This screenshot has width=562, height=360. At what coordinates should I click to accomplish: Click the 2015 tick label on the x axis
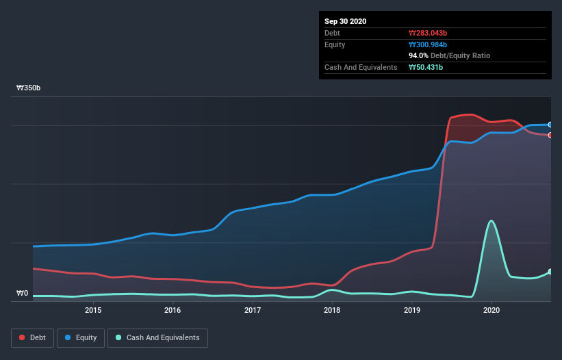(x=93, y=310)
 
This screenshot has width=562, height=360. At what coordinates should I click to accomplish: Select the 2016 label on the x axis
(x=173, y=310)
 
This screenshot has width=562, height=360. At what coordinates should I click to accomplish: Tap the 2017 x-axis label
(x=253, y=310)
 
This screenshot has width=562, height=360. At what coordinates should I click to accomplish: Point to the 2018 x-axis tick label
(x=332, y=310)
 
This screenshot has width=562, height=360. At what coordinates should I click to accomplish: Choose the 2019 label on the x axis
(x=412, y=310)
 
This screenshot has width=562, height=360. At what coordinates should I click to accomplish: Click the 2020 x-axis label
(x=491, y=310)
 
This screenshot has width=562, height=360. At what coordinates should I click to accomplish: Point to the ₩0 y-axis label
(x=22, y=294)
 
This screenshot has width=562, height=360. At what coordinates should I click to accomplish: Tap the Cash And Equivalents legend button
(x=157, y=337)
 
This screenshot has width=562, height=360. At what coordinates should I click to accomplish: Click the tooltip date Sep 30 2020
(x=346, y=21)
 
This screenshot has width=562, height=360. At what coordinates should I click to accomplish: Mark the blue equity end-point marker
(x=550, y=125)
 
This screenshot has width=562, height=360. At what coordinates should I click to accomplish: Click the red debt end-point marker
(x=550, y=135)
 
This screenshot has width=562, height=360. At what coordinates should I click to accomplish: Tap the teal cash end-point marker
(x=550, y=272)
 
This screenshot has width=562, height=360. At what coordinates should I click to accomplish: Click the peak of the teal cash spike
(x=491, y=220)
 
